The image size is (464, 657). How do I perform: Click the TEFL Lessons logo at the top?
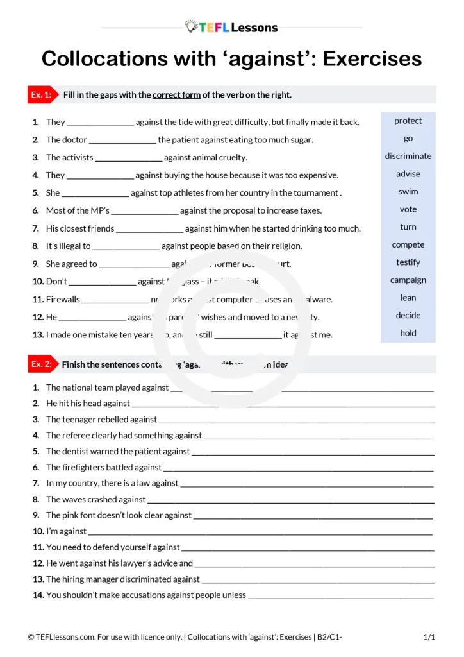tap(231, 27)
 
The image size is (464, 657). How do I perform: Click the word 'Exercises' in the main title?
tap(372, 59)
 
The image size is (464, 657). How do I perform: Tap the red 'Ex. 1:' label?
tap(41, 95)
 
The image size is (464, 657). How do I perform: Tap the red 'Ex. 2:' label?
tap(41, 364)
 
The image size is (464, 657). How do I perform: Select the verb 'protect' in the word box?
tap(408, 121)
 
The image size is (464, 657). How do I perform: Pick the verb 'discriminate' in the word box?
tap(408, 156)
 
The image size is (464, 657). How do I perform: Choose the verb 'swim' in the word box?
tap(408, 191)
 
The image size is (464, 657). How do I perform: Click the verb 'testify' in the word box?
tap(408, 262)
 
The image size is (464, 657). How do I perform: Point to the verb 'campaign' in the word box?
tap(408, 280)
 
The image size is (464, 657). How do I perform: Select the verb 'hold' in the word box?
tap(408, 333)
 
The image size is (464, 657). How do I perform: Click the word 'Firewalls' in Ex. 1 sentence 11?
tap(63, 299)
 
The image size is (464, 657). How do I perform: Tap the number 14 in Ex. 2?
tap(38, 595)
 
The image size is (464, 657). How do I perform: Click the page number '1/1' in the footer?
tap(429, 637)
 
